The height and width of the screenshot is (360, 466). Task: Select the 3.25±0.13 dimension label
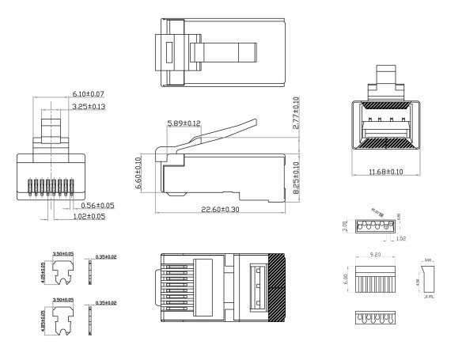tap(89, 106)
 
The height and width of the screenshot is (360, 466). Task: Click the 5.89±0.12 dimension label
tap(184, 123)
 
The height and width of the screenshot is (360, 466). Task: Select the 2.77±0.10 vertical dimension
tap(295, 116)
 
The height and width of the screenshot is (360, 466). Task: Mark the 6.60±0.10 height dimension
tap(139, 171)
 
